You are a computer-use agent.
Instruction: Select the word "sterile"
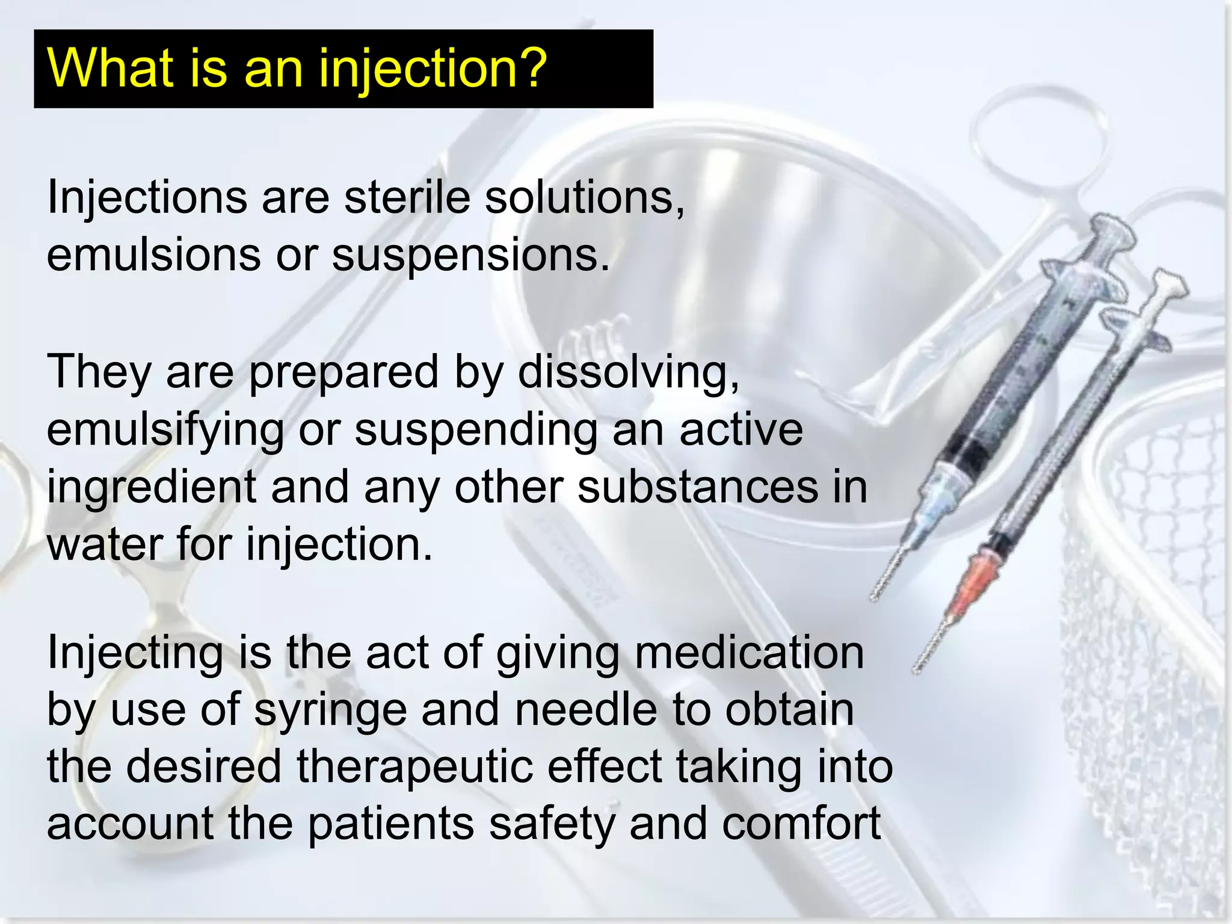[x=407, y=197]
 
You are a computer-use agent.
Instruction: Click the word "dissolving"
[x=628, y=372]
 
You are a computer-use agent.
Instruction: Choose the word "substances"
[x=697, y=487]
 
